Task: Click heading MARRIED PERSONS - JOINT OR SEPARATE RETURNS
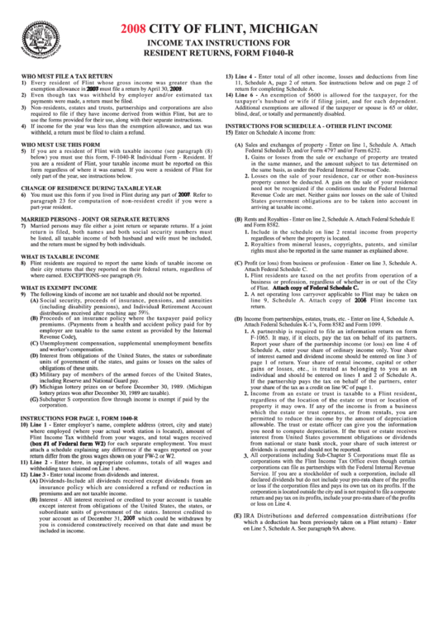click(x=104, y=219)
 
